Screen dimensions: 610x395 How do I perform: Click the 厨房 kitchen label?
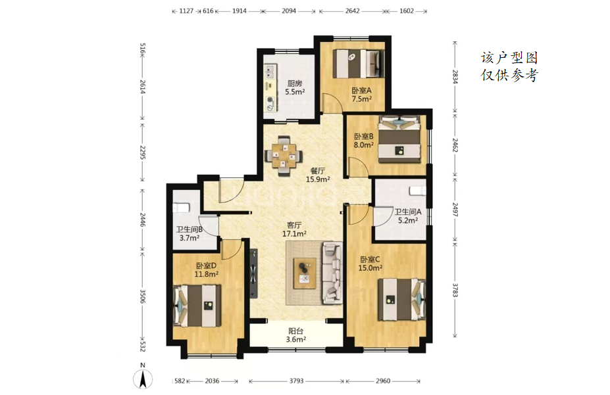(295, 83)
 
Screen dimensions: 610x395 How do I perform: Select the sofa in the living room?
(332, 273)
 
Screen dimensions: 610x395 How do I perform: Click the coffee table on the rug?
(305, 273)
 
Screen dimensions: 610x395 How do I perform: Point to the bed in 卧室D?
(197, 305)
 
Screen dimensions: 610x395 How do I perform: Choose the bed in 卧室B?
(399, 140)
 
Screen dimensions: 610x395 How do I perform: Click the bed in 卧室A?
(358, 64)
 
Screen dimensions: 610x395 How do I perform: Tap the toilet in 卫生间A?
(417, 191)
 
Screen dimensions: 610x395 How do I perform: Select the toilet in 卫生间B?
(181, 208)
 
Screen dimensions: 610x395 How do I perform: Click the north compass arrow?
(143, 379)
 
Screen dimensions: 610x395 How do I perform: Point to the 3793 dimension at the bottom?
(296, 381)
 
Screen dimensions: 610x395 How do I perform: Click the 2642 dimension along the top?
(353, 11)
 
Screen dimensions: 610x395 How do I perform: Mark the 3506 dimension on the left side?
(142, 296)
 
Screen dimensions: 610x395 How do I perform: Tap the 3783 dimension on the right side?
(455, 290)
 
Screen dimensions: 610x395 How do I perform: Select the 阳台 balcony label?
(295, 331)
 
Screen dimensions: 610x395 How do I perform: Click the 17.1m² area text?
(294, 234)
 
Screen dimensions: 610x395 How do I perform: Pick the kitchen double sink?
(270, 71)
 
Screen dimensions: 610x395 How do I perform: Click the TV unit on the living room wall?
(253, 273)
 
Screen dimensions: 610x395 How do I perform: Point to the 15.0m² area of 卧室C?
(370, 268)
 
